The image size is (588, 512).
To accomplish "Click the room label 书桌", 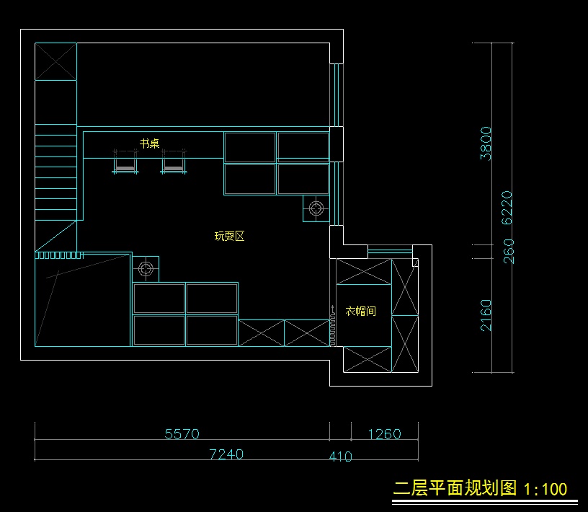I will pos(150,144).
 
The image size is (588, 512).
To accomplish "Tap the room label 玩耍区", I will pos(230,236).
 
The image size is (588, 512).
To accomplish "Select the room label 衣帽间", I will pos(361,311).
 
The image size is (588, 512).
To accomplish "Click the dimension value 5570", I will pos(182,433).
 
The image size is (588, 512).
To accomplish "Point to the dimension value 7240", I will pos(226,454).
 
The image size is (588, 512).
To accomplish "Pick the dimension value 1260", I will pos(384,433).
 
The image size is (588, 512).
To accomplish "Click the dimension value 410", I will pos(340,456).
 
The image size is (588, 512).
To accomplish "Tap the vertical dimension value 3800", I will pos(486,143).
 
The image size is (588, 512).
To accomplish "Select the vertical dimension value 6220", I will pos(507,208).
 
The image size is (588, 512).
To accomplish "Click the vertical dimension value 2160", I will pos(486,314).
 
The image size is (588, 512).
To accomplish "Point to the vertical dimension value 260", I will pos(509,250).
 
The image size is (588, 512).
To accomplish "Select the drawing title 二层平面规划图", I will pos(455,488).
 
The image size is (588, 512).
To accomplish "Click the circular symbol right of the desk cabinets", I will pos(316,208).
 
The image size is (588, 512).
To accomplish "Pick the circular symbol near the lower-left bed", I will pos(146,269).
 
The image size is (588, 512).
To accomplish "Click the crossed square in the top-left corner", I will pos(55,61).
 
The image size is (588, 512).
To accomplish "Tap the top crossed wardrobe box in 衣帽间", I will pos(364,271).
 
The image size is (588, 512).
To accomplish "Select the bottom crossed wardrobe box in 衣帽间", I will pos(367,359).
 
